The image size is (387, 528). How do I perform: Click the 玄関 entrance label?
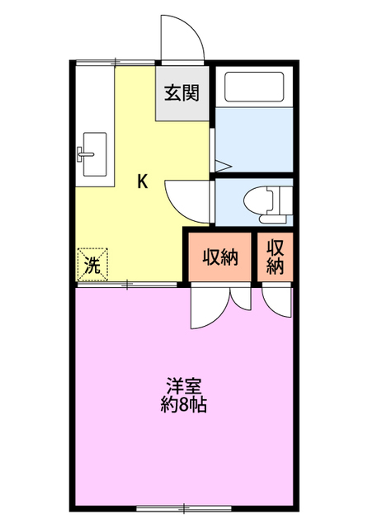(182, 92)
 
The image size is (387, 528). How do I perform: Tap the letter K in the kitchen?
(143, 181)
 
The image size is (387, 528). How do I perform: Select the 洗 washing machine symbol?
(92, 264)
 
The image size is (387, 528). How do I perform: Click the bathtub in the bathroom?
(254, 87)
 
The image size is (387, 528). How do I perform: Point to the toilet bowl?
(258, 201)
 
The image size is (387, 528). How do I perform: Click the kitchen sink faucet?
(84, 154)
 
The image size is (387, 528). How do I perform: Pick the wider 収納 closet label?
(220, 257)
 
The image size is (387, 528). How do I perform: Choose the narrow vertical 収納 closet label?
(275, 257)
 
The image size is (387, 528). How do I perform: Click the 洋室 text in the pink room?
(184, 386)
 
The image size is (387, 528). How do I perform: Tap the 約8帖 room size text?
(183, 404)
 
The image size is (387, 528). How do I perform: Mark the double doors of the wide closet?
(220, 304)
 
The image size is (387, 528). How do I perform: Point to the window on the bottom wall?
(184, 508)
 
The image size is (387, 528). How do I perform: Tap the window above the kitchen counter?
(116, 63)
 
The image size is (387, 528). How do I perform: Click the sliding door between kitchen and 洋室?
(127, 285)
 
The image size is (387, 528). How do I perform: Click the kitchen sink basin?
(96, 154)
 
